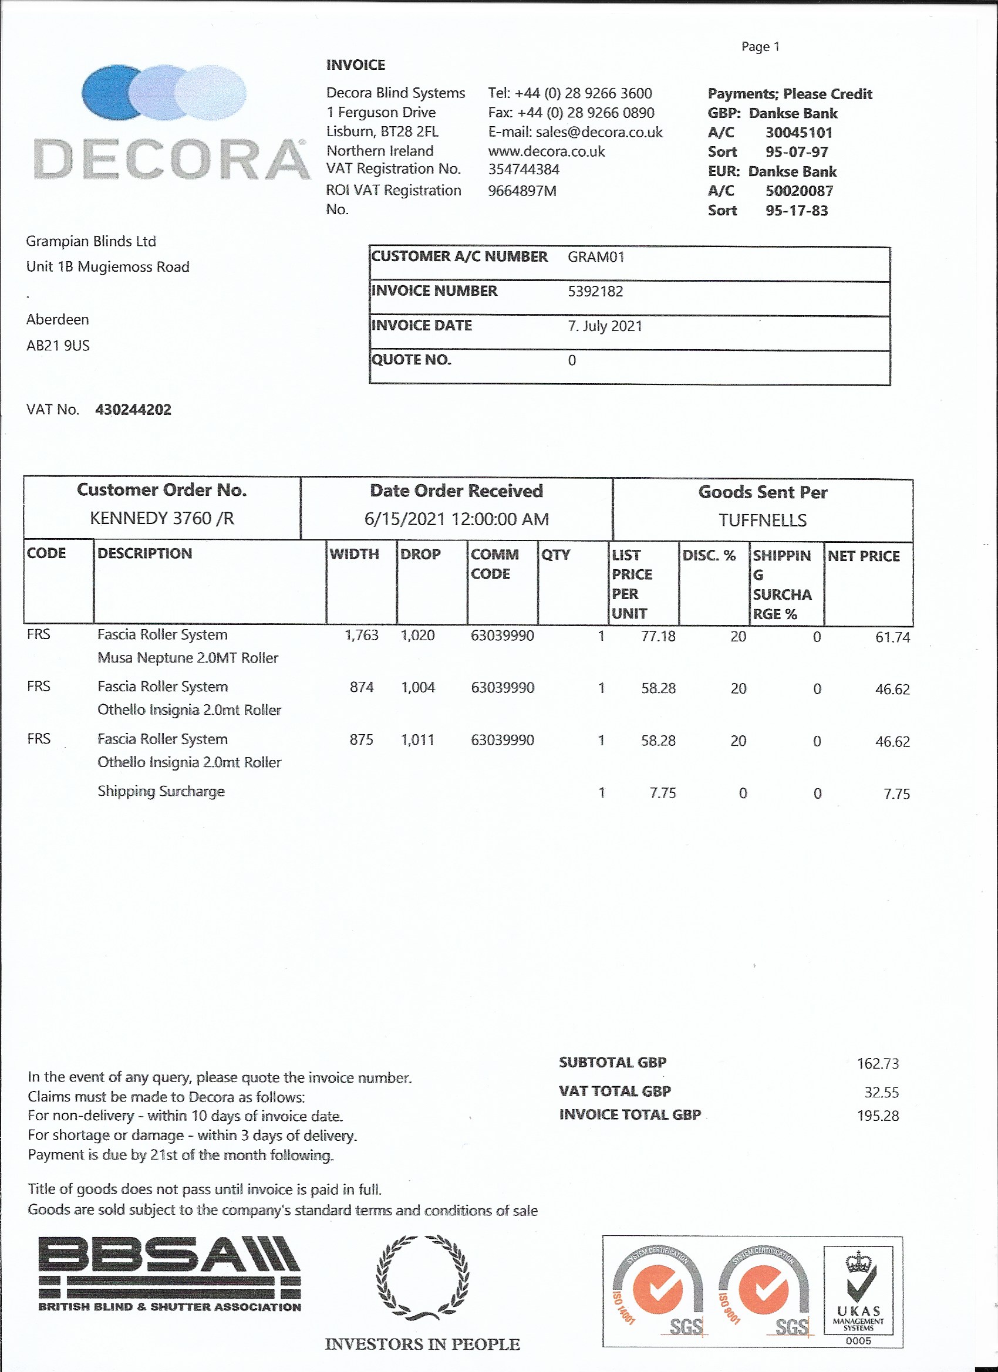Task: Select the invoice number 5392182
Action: point(595,292)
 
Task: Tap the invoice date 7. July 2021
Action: point(605,326)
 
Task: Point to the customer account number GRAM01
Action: point(595,257)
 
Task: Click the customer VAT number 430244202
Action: point(133,410)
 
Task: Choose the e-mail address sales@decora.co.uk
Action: point(599,133)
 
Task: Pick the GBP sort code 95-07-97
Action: point(797,152)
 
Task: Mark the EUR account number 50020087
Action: point(799,191)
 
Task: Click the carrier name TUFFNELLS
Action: point(763,521)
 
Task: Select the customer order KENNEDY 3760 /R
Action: point(161,518)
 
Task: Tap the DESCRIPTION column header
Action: point(144,553)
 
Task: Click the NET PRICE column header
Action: point(864,556)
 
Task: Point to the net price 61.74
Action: point(892,637)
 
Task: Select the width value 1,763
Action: point(361,635)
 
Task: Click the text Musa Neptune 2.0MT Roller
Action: point(188,658)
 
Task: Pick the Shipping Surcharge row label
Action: point(161,791)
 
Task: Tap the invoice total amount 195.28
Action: point(878,1116)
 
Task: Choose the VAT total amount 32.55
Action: point(881,1092)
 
